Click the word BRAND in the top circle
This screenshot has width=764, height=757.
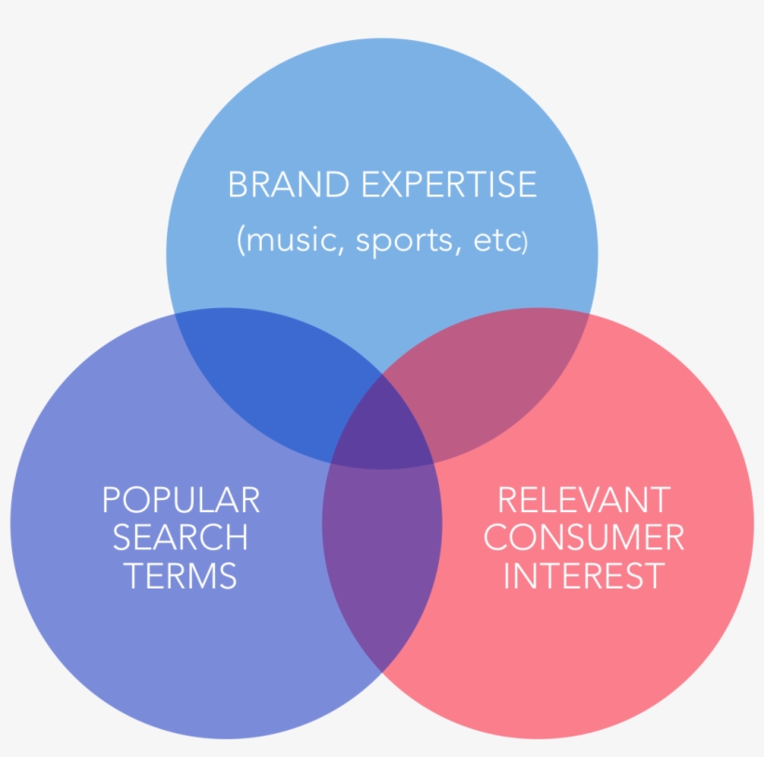[289, 184]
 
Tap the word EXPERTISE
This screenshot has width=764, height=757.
[449, 184]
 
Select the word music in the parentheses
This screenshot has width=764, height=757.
[292, 239]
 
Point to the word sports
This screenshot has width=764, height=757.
[404, 241]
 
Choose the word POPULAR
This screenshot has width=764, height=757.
[181, 500]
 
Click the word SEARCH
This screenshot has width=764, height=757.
[180, 537]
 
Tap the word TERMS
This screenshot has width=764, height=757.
[180, 575]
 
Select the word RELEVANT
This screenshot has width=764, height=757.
[584, 500]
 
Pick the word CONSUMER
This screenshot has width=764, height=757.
[584, 537]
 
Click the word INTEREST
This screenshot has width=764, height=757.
[584, 575]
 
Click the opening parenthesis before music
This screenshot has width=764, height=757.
[240, 240]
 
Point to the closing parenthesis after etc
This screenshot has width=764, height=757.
[525, 241]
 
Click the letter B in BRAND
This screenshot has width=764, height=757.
[238, 184]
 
